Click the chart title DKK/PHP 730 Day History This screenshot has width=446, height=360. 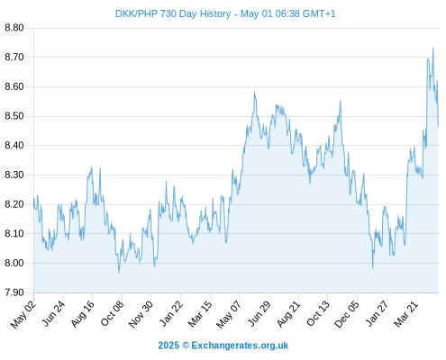coord(173,13)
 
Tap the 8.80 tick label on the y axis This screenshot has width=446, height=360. coord(14,28)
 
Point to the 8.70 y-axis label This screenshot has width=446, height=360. coord(14,57)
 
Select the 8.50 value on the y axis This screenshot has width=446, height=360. coord(14,116)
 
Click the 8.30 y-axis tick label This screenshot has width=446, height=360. coord(14,175)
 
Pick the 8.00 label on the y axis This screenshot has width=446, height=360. coord(14,263)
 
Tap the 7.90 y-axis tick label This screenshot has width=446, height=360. coord(14,292)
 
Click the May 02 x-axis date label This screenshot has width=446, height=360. coord(23,314)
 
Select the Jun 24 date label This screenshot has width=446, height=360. coord(53,313)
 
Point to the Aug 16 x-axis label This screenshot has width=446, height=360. coord(83,314)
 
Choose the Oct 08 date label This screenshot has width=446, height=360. coord(112,314)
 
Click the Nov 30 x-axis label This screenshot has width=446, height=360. coord(141,314)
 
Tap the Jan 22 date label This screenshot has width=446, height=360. coord(171,313)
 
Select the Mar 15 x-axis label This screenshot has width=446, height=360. coord(200,314)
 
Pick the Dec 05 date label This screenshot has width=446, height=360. coord(347,314)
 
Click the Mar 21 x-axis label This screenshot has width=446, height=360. coord(406,314)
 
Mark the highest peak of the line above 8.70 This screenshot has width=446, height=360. coord(432,48)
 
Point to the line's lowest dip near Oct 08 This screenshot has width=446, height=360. coord(119,273)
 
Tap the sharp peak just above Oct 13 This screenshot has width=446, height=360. coord(341,101)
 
